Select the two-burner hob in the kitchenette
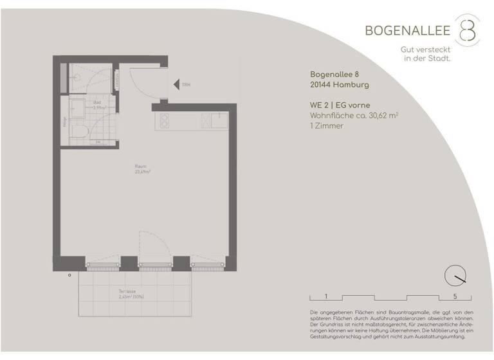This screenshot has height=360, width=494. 163,120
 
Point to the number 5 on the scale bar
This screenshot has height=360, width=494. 455,296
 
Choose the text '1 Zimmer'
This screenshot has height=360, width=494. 327,126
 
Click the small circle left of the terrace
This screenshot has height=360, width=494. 69,274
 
